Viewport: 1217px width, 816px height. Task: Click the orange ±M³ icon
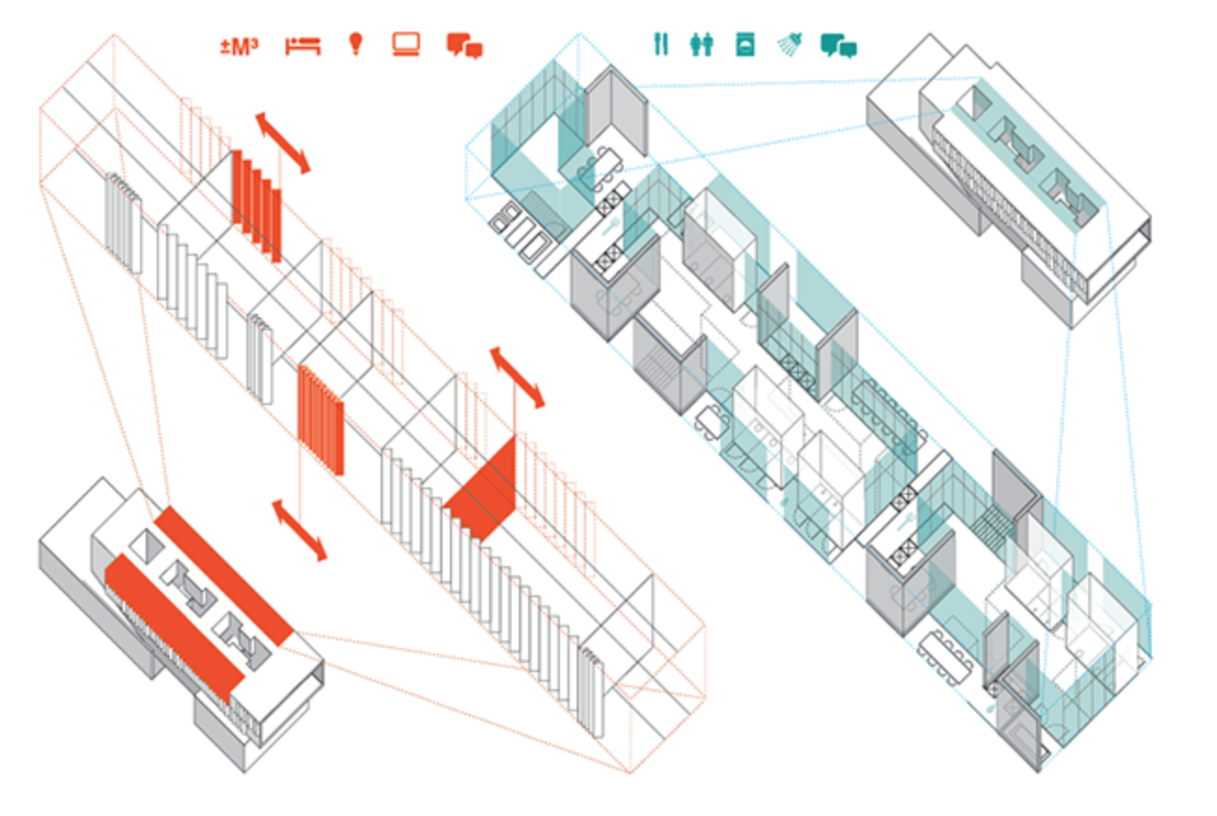click(239, 45)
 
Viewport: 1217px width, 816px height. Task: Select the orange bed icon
click(302, 45)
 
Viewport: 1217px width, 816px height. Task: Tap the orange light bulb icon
click(355, 44)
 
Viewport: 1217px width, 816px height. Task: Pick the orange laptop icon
click(406, 44)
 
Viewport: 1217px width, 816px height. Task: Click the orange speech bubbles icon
click(464, 46)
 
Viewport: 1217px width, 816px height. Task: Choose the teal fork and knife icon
click(661, 44)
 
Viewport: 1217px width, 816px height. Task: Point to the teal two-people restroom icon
click(702, 45)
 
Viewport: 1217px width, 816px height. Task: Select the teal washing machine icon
click(745, 45)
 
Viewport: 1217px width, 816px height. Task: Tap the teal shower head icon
click(790, 44)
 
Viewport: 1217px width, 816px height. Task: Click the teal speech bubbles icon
click(838, 46)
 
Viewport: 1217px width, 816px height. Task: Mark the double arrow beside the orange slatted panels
click(283, 143)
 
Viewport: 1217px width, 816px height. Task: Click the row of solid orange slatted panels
click(257, 203)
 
